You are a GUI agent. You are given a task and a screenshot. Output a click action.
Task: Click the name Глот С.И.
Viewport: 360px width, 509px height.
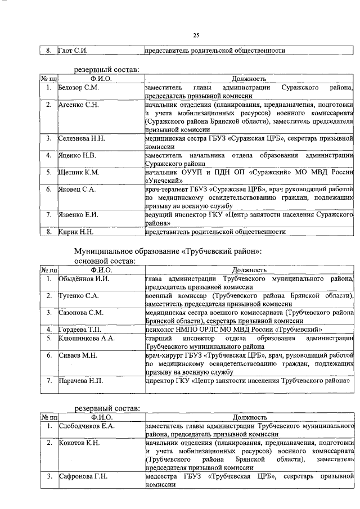coord(73,51)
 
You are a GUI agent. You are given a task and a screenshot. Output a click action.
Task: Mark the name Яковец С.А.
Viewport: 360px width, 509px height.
coord(78,189)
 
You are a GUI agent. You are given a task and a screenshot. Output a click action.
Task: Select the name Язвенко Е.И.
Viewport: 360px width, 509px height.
coord(79,214)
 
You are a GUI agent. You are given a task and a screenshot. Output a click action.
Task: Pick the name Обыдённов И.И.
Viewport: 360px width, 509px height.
coord(84,278)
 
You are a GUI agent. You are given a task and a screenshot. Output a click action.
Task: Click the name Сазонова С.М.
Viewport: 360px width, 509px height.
coord(81,312)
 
